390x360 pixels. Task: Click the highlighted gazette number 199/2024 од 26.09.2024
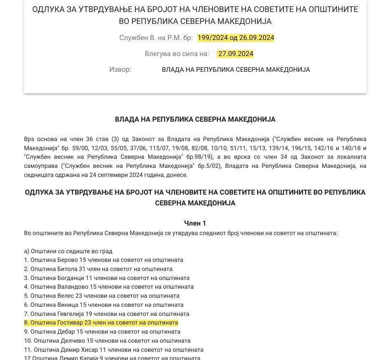click(x=236, y=38)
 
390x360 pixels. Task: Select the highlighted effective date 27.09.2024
click(x=236, y=54)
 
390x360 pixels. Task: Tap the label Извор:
click(x=120, y=70)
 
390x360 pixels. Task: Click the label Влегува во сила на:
click(x=177, y=54)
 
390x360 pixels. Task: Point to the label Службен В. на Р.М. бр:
click(x=156, y=38)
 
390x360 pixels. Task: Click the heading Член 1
click(x=195, y=223)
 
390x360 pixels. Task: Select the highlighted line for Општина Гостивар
click(x=101, y=323)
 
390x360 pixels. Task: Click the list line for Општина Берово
click(x=104, y=260)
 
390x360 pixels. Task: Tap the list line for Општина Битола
click(x=98, y=269)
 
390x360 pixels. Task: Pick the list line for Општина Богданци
click(x=106, y=278)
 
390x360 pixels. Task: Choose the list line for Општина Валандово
click(x=109, y=287)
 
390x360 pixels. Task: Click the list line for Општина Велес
click(x=102, y=296)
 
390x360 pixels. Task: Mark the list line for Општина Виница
click(x=104, y=305)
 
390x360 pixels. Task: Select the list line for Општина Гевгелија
click(x=106, y=314)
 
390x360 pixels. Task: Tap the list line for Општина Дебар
click(x=102, y=332)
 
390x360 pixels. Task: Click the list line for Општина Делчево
click(x=107, y=341)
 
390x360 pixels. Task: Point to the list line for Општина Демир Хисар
click(x=113, y=350)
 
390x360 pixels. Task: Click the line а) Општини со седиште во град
click(x=68, y=251)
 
